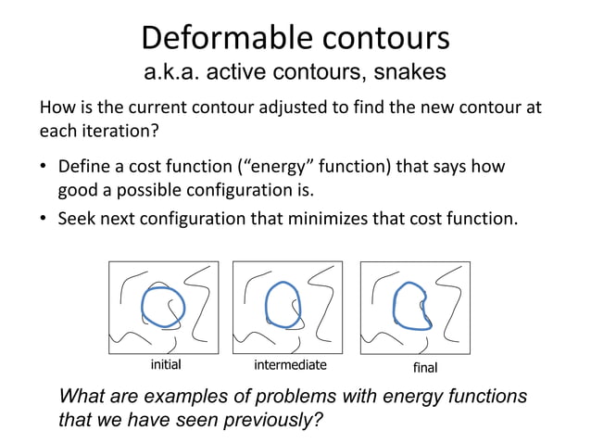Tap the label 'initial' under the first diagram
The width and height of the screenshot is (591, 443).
point(165,364)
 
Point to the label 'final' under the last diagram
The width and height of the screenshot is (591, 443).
point(424,368)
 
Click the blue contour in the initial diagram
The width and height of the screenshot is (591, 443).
point(144,305)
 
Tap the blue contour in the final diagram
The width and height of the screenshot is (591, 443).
point(394,306)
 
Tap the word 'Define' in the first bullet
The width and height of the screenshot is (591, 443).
point(82,169)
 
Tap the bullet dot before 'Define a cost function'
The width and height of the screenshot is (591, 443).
point(44,170)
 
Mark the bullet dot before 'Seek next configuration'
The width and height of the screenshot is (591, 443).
point(44,221)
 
